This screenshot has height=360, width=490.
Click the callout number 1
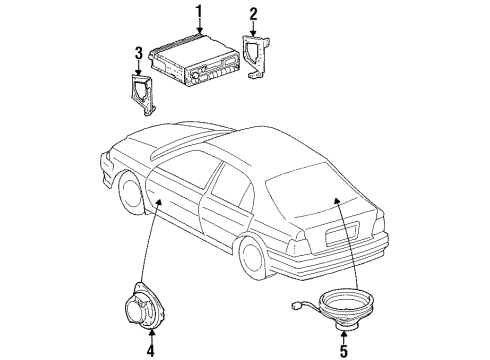(x=199, y=13)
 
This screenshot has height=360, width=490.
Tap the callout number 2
(x=253, y=15)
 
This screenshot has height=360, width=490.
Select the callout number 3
(x=139, y=53)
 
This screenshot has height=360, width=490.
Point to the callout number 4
(x=150, y=351)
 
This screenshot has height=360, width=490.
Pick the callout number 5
(x=344, y=351)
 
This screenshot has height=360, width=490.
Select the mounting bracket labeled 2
(x=258, y=56)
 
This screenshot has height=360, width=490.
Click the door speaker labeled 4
(x=145, y=306)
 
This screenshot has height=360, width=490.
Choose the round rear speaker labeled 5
(x=345, y=308)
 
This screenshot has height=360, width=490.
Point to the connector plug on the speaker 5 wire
(x=295, y=305)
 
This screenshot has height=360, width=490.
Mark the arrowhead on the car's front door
(x=159, y=202)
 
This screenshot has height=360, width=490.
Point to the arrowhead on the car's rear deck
(x=337, y=200)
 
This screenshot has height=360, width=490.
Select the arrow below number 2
(x=253, y=29)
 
